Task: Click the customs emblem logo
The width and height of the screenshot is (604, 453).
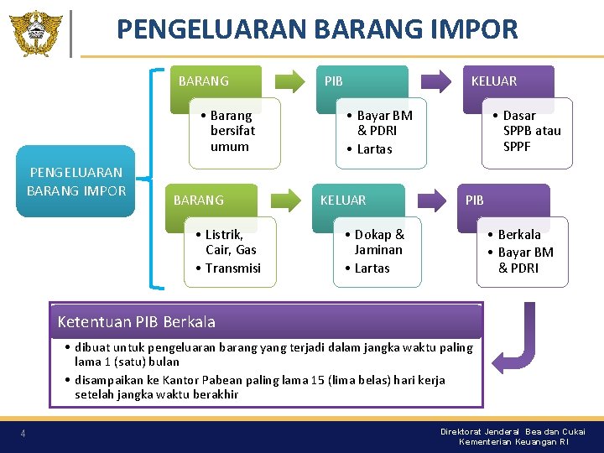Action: pos(36,33)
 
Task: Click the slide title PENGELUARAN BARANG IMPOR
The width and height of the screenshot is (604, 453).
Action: pos(317,30)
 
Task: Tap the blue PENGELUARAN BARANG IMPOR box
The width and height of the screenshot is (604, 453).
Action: pos(75,181)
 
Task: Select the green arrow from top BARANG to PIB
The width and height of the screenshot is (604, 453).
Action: pos(290,81)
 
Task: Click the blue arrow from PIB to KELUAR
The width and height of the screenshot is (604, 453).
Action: pos(436,81)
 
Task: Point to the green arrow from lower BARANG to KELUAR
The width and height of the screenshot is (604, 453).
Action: pos(287,200)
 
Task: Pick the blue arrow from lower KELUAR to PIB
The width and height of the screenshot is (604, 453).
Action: pos(432,200)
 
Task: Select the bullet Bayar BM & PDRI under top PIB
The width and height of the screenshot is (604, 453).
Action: pos(379,122)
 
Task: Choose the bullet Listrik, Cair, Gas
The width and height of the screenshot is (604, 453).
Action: pos(226,242)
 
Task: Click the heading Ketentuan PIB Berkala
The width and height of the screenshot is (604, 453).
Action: pos(137,322)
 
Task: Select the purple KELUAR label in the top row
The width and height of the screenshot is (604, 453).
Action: pos(494,81)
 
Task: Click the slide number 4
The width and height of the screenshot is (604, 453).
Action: pos(23,433)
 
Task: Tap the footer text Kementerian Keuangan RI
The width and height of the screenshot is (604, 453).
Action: pos(513,441)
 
